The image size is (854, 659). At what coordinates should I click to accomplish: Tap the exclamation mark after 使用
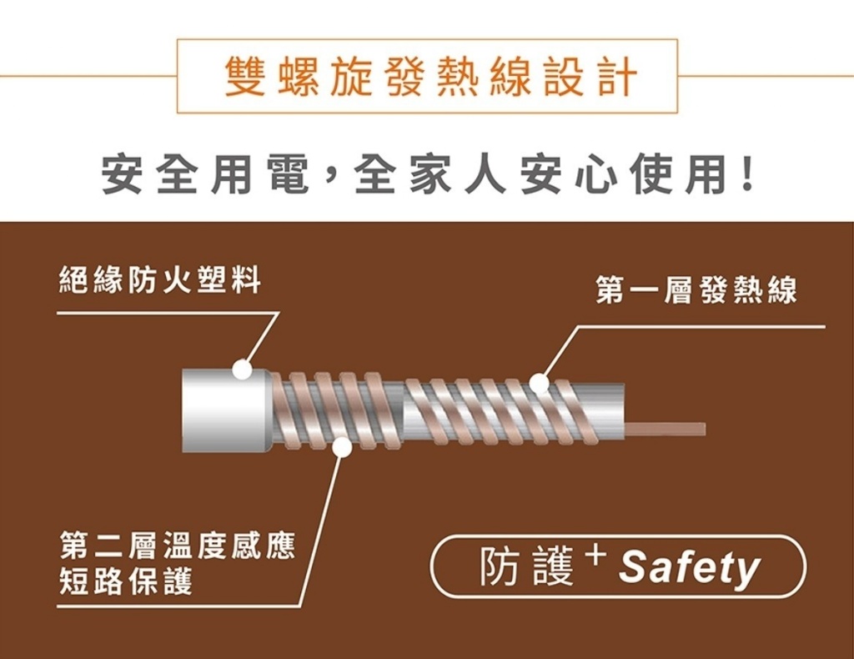(x=748, y=175)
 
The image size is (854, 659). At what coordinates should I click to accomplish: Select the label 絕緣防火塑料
(x=159, y=281)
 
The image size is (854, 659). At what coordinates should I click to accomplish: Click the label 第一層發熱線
(x=696, y=290)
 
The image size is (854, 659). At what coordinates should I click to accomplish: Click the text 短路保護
(x=125, y=581)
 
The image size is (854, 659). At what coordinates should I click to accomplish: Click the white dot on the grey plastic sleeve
(x=243, y=369)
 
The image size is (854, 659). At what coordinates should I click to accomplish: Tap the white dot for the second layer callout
(x=341, y=449)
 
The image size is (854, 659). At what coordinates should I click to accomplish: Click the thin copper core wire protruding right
(x=667, y=429)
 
